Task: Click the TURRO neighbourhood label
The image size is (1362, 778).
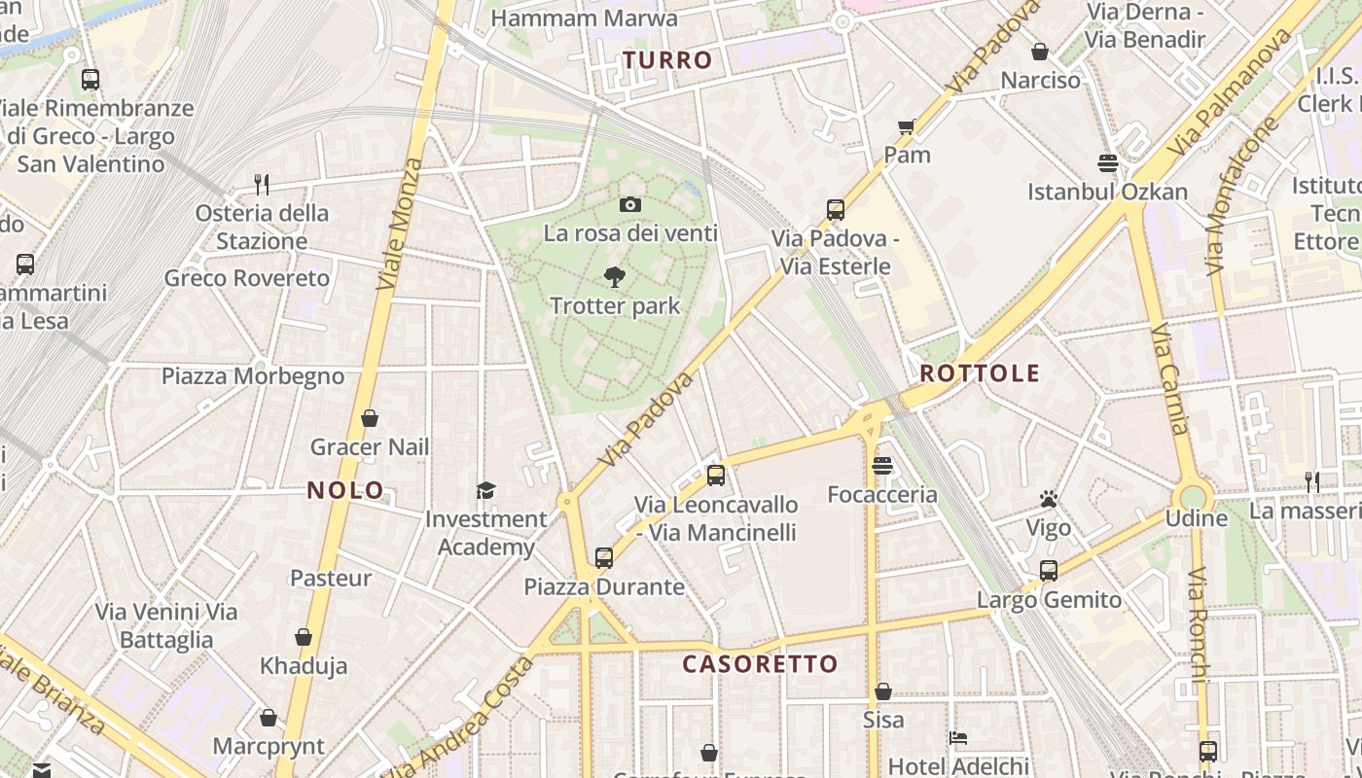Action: tap(667, 60)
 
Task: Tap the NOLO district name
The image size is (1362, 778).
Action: tap(345, 490)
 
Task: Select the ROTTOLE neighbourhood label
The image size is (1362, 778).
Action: tap(980, 373)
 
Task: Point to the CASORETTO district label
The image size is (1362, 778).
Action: tap(760, 664)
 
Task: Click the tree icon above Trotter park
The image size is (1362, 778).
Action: tap(614, 277)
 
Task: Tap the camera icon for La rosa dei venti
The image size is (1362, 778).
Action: tap(629, 204)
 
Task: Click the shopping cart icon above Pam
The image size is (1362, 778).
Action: tap(907, 126)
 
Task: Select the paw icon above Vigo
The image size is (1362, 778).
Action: tap(1048, 500)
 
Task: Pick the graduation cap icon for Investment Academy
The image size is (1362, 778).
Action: tap(485, 490)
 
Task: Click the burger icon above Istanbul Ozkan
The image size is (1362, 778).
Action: tap(1107, 162)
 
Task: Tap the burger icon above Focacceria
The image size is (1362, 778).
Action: tap(882, 466)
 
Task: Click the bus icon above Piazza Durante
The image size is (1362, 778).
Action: tap(604, 558)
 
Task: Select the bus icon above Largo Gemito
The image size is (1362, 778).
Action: tap(1048, 571)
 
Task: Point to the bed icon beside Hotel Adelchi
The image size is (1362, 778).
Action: tap(958, 738)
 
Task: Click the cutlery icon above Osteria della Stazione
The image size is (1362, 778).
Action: tap(261, 184)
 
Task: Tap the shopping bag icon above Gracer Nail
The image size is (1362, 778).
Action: tap(369, 419)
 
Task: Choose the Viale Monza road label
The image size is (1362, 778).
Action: tap(401, 224)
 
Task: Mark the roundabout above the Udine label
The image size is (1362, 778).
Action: tap(1194, 494)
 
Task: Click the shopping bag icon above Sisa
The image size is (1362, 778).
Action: tap(882, 691)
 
